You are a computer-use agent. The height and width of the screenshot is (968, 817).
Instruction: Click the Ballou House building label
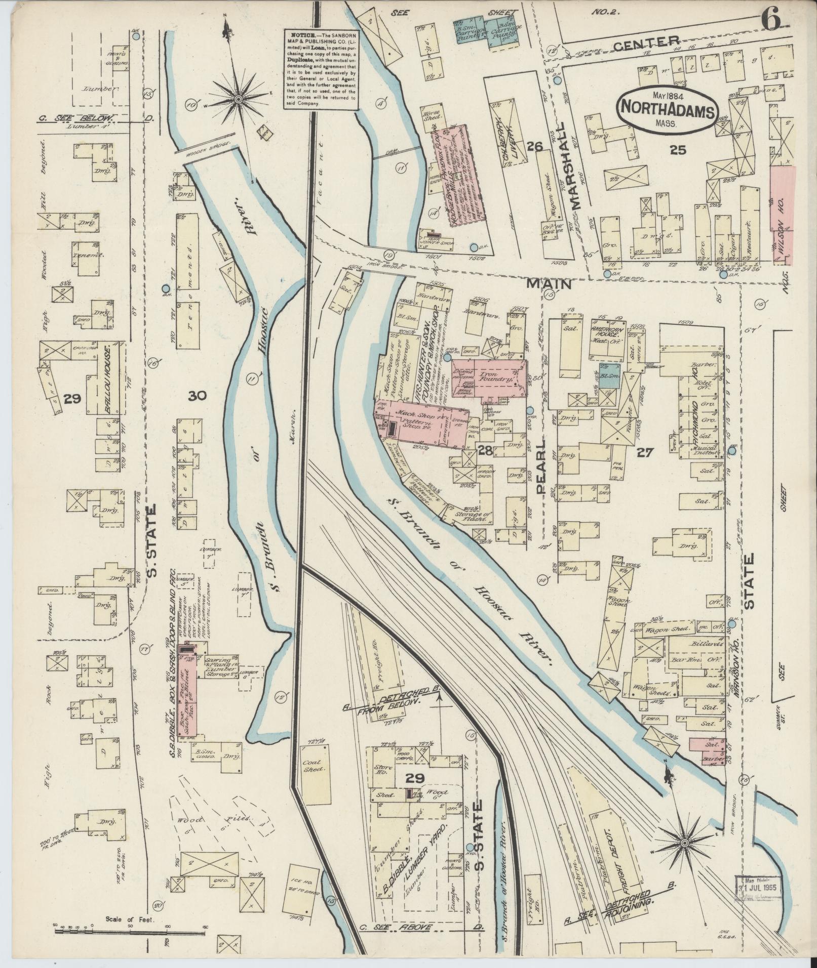(108, 380)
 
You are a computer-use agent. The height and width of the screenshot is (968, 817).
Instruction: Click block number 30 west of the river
(198, 396)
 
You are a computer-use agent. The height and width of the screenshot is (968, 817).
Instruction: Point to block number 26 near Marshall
(534, 147)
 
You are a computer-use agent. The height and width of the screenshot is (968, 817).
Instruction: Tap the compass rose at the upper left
(237, 99)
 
